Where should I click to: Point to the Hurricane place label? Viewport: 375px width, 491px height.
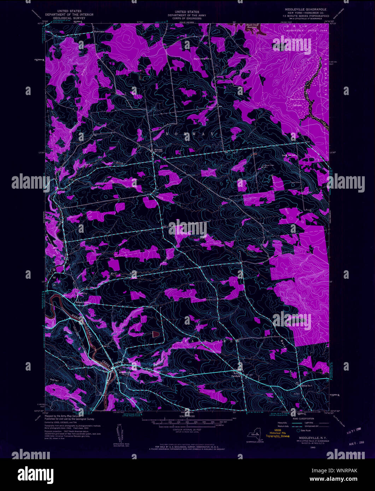[x=99, y=31]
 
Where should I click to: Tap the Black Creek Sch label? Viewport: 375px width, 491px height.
[x=202, y=59]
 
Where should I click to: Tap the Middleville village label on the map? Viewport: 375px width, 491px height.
[x=124, y=372]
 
